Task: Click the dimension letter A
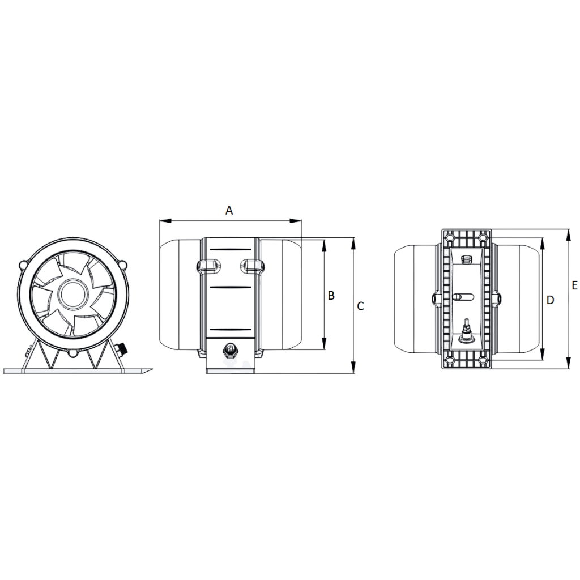coord(229,211)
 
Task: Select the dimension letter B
coord(331,295)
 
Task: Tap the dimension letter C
coord(360,306)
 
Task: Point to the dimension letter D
coord(550,300)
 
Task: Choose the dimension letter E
coord(574,286)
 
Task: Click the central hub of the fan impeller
coord(72,294)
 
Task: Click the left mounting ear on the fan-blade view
coord(23,265)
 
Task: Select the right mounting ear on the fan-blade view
coord(122,265)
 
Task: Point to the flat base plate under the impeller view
coord(76,371)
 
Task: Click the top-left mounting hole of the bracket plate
coord(451,236)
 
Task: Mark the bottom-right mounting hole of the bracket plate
coord(483,361)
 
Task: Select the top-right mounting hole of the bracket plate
coord(483,236)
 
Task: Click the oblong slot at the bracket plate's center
coord(463,296)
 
